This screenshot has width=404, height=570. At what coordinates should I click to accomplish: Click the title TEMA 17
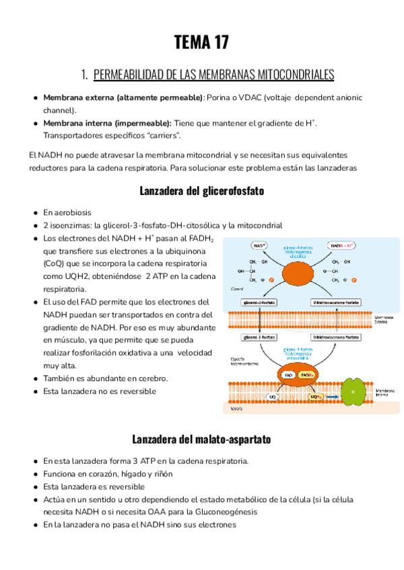[201, 43]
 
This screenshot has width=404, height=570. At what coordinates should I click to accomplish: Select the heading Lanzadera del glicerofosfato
[201, 190]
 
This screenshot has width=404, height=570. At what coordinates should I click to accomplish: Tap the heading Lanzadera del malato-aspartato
[201, 440]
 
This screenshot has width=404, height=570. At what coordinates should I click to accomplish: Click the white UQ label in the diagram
[273, 397]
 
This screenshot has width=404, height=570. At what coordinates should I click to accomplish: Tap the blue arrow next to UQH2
[332, 397]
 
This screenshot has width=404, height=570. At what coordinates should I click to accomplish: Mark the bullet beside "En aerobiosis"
[35, 212]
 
